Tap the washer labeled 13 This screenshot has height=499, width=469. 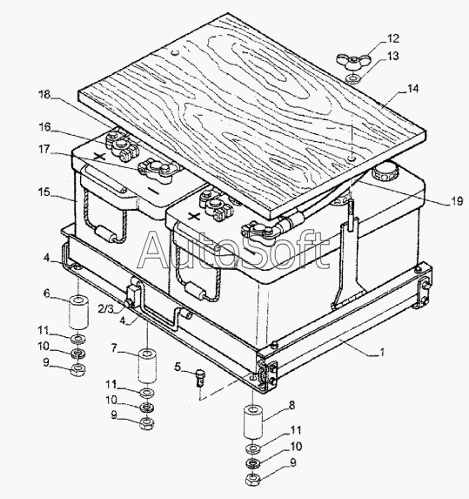click(353, 78)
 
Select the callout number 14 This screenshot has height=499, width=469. click(412, 89)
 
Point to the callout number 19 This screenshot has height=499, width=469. click(457, 201)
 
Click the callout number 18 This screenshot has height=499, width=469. click(44, 94)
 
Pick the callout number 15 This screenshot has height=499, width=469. click(44, 192)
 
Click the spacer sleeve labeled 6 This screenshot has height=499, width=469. click(79, 312)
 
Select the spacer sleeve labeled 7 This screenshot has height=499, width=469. click(148, 366)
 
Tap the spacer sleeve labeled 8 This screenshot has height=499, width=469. click(253, 422)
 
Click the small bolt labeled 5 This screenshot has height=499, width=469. click(199, 377)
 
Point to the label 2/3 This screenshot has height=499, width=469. click(106, 308)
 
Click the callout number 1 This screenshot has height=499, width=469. click(382, 352)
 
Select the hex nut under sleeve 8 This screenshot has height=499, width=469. click(253, 478)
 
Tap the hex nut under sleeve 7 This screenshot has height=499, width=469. click(146, 422)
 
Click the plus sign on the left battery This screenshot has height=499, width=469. click(100, 156)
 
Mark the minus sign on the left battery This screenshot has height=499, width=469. click(153, 192)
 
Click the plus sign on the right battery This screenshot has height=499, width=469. click(193, 217)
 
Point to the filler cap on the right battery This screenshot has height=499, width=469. click(384, 172)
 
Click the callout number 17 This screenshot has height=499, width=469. click(45, 149)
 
